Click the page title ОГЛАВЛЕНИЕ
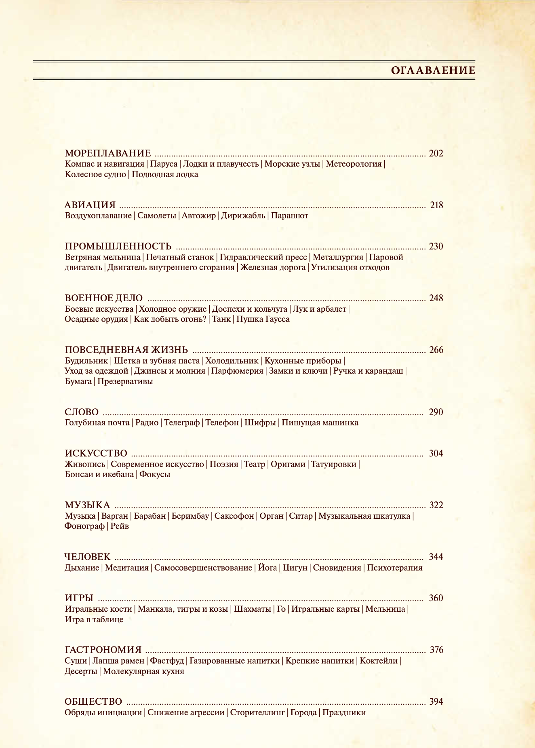point(433,71)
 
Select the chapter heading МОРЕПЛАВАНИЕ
point(108,154)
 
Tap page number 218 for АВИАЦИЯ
point(436,205)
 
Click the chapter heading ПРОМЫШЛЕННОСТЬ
point(118,247)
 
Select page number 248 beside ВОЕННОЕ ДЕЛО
point(436,298)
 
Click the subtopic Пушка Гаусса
point(263,319)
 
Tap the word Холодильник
point(232,361)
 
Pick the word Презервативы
point(125,381)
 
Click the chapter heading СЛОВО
point(82,412)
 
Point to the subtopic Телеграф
point(182,423)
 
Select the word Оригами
point(288,464)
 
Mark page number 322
point(436,505)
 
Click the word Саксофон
point(234,516)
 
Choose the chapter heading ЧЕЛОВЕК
point(87,557)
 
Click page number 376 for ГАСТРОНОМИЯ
point(436,650)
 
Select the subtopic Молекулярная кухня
point(144,671)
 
